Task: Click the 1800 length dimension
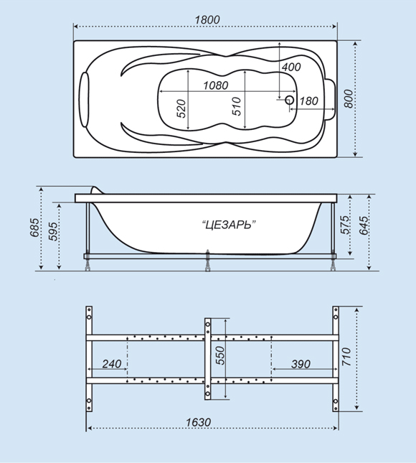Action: point(207,20)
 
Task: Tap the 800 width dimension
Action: point(349,99)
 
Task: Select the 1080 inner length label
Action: point(216,85)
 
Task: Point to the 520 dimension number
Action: point(181,108)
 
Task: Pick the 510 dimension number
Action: point(237,106)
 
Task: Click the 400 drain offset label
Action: point(291,67)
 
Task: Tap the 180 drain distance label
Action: point(309,101)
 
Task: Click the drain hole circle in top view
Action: point(290,100)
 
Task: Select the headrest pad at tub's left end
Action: point(85,100)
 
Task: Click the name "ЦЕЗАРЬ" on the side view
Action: point(229,225)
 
